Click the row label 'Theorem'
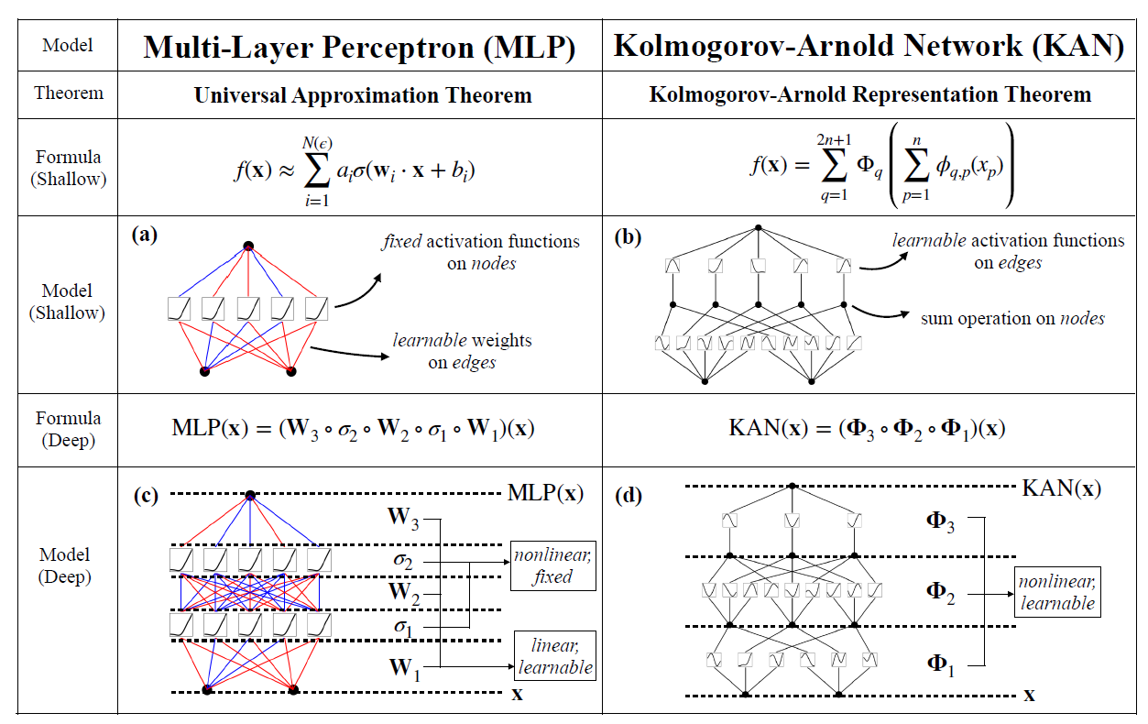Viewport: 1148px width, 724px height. click(x=69, y=93)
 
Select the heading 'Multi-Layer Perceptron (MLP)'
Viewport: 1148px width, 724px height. click(x=359, y=48)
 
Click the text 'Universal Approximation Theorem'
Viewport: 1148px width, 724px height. click(x=363, y=95)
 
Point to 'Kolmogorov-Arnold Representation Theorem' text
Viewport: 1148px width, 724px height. click(x=869, y=94)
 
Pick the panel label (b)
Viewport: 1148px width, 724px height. click(x=629, y=238)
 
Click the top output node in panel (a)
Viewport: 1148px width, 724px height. click(x=247, y=246)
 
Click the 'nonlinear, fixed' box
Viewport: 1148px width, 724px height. click(x=553, y=566)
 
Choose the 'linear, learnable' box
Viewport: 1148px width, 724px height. click(x=555, y=656)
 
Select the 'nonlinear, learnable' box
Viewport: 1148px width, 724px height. click(x=1057, y=593)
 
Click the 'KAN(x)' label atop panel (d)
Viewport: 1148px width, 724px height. click(x=1061, y=488)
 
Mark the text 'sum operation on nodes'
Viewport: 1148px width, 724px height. click(x=1012, y=319)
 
